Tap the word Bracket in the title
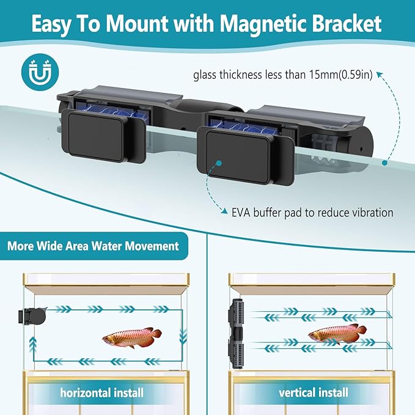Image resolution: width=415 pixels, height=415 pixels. coord(343,24)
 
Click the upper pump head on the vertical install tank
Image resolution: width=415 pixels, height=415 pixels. coord(237,314)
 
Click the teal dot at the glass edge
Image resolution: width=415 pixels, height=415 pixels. coord(383,163)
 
